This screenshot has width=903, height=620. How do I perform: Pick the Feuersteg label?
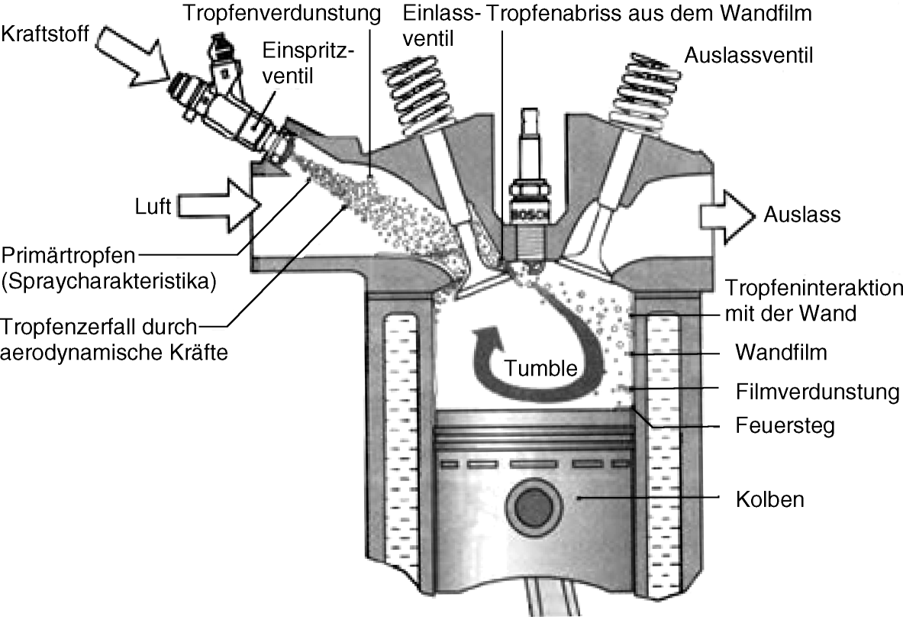click(x=785, y=425)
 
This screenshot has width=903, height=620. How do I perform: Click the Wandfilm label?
click(x=781, y=353)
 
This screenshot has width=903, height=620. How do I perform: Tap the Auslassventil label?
click(x=748, y=54)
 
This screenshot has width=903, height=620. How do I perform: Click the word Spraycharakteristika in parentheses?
click(x=108, y=281)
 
